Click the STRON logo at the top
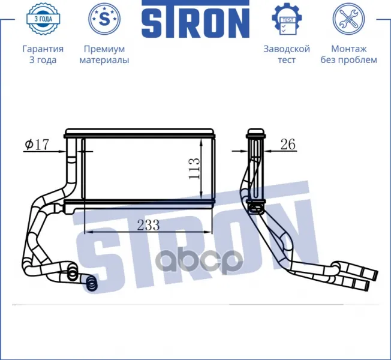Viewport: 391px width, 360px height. click(195, 19)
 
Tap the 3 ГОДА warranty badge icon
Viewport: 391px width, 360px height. click(43, 19)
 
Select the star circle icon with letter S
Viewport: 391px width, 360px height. click(104, 19)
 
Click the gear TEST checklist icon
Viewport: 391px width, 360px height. click(287, 19)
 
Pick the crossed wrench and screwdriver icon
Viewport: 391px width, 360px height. click(348, 19)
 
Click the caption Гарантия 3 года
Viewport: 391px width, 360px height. click(43, 55)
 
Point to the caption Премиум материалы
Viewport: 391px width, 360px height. click(104, 55)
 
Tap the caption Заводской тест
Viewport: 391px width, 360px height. click(287, 55)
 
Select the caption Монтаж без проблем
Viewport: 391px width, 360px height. click(348, 55)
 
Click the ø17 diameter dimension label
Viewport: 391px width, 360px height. click(37, 145)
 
